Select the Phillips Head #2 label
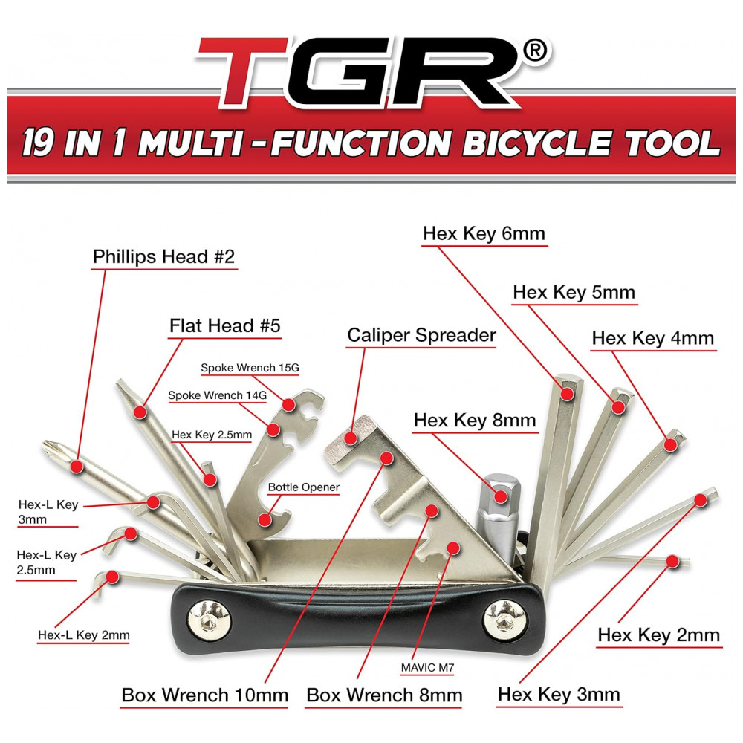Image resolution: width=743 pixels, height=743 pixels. [163, 257]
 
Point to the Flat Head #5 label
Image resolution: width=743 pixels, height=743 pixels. [224, 325]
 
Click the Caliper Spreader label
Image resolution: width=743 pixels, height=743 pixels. [421, 335]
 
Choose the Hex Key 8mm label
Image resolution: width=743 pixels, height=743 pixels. [475, 420]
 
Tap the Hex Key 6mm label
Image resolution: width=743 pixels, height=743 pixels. [484, 234]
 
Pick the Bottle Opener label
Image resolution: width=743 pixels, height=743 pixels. [303, 488]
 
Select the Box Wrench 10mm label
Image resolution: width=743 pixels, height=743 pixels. [204, 695]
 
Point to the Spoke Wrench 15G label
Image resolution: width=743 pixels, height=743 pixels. [251, 368]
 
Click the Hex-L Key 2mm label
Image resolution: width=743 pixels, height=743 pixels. [84, 635]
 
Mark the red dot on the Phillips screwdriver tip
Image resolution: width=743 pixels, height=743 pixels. [75, 466]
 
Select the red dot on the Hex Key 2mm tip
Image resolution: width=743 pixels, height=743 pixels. [672, 560]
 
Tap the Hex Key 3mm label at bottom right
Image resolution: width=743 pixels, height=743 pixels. [559, 695]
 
